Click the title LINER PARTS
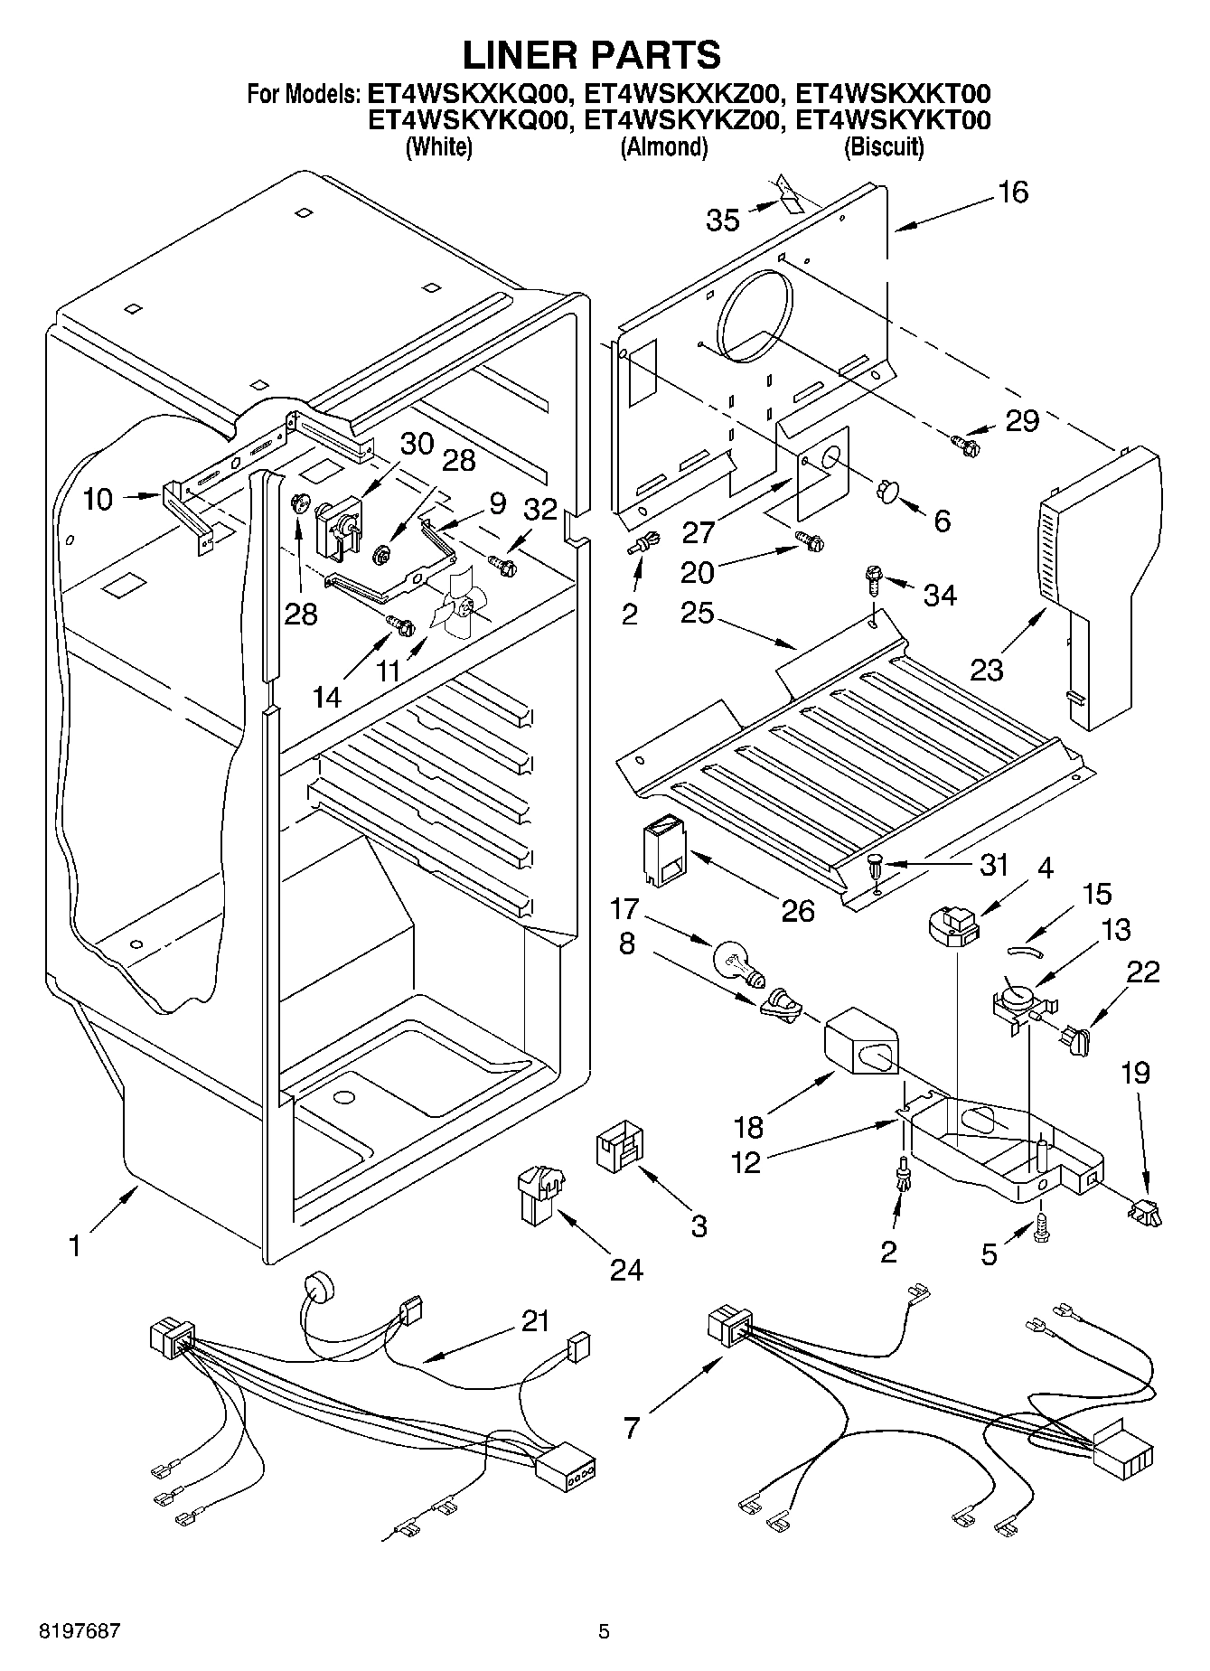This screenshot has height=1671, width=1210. pos(592,55)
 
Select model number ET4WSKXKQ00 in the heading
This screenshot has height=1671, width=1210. pos(468,94)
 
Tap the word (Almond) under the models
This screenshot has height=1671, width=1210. pos(663,147)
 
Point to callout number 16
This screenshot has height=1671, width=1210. pos(1014,192)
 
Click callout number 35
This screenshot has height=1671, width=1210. pos(723,220)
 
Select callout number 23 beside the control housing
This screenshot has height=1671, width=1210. pos(987,670)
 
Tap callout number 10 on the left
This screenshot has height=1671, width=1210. pos(98,498)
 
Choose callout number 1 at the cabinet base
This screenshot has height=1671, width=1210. pos(75,1246)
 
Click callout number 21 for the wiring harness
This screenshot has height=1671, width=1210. pos(535,1322)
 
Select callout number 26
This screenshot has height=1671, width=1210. pos(798,910)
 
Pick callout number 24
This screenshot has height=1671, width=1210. pos(625,1270)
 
